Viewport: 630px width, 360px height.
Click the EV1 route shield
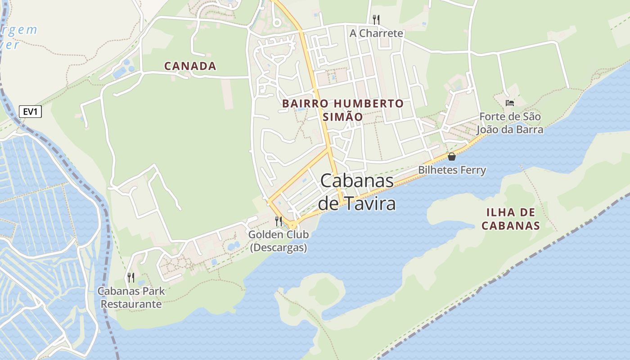pyautogui.click(x=30, y=112)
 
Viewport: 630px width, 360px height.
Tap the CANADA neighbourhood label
pyautogui.click(x=190, y=66)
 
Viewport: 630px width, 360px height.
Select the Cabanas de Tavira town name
pyautogui.click(x=357, y=192)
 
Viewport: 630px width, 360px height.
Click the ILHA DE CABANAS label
pyautogui.click(x=510, y=219)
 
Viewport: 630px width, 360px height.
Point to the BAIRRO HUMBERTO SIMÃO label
pyautogui.click(x=343, y=110)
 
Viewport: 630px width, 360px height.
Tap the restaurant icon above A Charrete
pyautogui.click(x=376, y=19)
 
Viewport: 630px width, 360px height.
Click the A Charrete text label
pyautogui.click(x=376, y=33)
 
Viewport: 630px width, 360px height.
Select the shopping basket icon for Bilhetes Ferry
pyautogui.click(x=451, y=157)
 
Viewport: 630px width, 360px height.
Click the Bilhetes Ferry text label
pyautogui.click(x=452, y=170)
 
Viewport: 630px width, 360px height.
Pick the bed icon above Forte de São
pyautogui.click(x=509, y=103)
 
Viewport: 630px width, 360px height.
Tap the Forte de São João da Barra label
pyautogui.click(x=510, y=123)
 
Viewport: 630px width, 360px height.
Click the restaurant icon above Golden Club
pyautogui.click(x=279, y=221)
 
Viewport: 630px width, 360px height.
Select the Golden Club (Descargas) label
pyautogui.click(x=279, y=241)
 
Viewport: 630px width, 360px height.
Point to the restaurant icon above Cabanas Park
pyautogui.click(x=131, y=277)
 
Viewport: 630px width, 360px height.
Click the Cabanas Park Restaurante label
pyautogui.click(x=131, y=297)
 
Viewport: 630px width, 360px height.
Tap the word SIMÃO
pyautogui.click(x=343, y=117)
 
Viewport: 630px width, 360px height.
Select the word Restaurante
pyautogui.click(x=131, y=304)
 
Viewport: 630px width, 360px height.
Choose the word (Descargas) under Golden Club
pyautogui.click(x=279, y=247)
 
